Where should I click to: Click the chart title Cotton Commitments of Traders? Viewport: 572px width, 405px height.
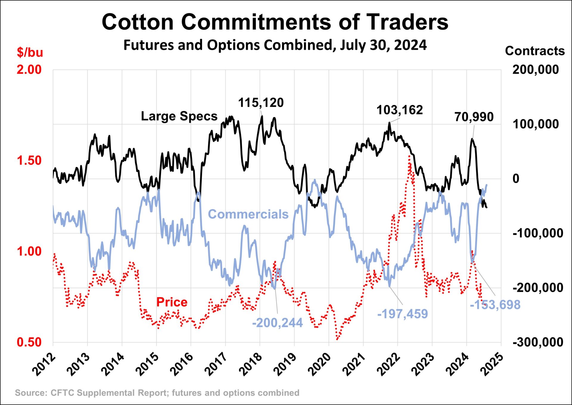[x=275, y=22]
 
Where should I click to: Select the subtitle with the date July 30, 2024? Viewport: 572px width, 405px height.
[x=275, y=45]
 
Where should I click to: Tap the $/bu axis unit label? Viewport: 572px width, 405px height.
[x=30, y=52]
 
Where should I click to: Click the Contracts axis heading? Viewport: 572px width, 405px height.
[x=534, y=51]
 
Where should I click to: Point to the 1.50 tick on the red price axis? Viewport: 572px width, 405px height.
[x=29, y=161]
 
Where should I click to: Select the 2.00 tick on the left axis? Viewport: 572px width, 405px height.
[x=29, y=70]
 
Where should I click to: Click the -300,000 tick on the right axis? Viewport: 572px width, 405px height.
[x=538, y=342]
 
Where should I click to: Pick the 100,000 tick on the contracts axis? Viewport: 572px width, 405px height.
[x=535, y=124]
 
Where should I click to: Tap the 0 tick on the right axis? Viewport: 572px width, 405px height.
[x=516, y=179]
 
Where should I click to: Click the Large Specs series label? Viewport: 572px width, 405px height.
[x=179, y=116]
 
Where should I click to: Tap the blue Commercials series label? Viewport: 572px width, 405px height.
[x=248, y=214]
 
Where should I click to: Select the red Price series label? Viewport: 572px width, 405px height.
[x=172, y=302]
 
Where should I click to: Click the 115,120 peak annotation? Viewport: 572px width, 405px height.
[x=261, y=103]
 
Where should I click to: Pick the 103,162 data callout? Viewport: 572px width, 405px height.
[x=400, y=110]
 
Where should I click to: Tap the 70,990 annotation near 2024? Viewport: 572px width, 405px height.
[x=474, y=117]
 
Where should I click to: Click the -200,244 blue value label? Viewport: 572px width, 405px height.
[x=277, y=323]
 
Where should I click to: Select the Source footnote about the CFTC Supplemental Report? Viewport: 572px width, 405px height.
[x=157, y=393]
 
